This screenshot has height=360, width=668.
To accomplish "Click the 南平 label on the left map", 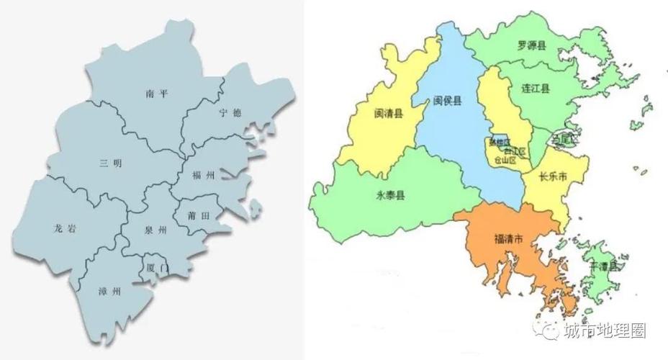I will [155, 94].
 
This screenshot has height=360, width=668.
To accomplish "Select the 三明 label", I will [111, 163].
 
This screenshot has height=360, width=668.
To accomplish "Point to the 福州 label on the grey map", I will [204, 176].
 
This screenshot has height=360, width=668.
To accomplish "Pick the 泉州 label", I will [155, 230].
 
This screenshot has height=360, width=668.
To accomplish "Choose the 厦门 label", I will [157, 268].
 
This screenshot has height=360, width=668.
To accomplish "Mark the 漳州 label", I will [109, 292].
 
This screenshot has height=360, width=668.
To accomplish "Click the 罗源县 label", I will [531, 45].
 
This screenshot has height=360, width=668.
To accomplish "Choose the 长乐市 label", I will [554, 176].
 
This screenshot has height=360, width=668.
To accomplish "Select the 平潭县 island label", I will [603, 266].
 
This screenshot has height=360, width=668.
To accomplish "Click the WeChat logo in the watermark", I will [551, 331].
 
